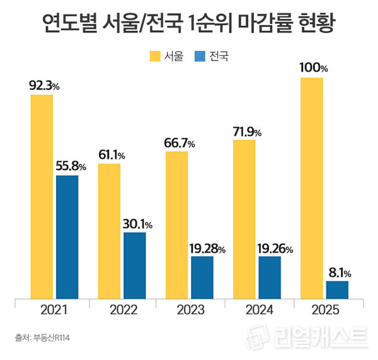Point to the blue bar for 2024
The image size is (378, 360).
pos(269,277)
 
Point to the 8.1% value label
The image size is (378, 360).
pos(338,273)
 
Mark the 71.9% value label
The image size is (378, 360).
pos(246,132)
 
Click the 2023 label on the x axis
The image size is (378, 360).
pos(190,310)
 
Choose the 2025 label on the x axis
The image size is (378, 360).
pos(325,310)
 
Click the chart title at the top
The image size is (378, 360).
pos(189,25)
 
